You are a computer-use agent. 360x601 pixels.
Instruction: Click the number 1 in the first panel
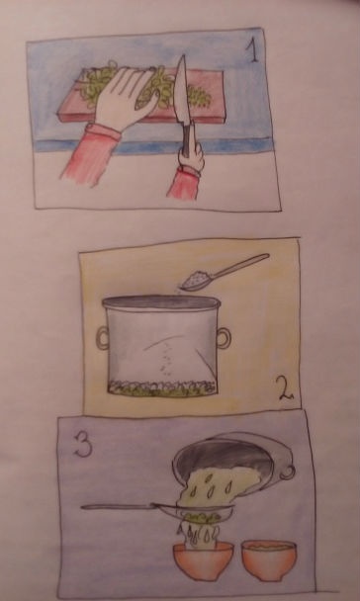pyautogui.click(x=254, y=52)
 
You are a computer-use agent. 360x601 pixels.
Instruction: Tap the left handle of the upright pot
pyautogui.click(x=103, y=338)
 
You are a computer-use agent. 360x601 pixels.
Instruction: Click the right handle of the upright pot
pyautogui.click(x=225, y=338)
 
